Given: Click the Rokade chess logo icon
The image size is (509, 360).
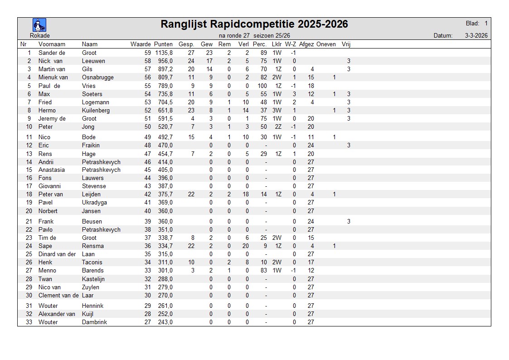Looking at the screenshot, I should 39,25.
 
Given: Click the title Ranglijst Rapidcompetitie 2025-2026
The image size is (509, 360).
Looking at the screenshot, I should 254,24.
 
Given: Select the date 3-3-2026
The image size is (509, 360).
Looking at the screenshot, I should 476,35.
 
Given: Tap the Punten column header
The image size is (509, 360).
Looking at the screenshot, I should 163,44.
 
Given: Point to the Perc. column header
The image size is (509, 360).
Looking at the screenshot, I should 259,44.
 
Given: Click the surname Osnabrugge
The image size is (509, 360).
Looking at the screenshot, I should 98,78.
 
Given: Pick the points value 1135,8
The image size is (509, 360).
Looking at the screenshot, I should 164,53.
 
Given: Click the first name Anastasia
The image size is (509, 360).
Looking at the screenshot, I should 51,170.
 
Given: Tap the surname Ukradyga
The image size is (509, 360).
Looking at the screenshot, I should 94,203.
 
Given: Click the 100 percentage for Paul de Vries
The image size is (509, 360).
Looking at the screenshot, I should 262,86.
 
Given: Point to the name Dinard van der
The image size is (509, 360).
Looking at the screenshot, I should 57,254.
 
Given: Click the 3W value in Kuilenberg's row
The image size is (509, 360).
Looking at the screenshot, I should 277,111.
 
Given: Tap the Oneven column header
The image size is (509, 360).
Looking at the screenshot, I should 326,44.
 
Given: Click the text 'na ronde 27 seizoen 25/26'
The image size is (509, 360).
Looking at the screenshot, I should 254,35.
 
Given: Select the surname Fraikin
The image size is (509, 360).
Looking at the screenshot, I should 91,146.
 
